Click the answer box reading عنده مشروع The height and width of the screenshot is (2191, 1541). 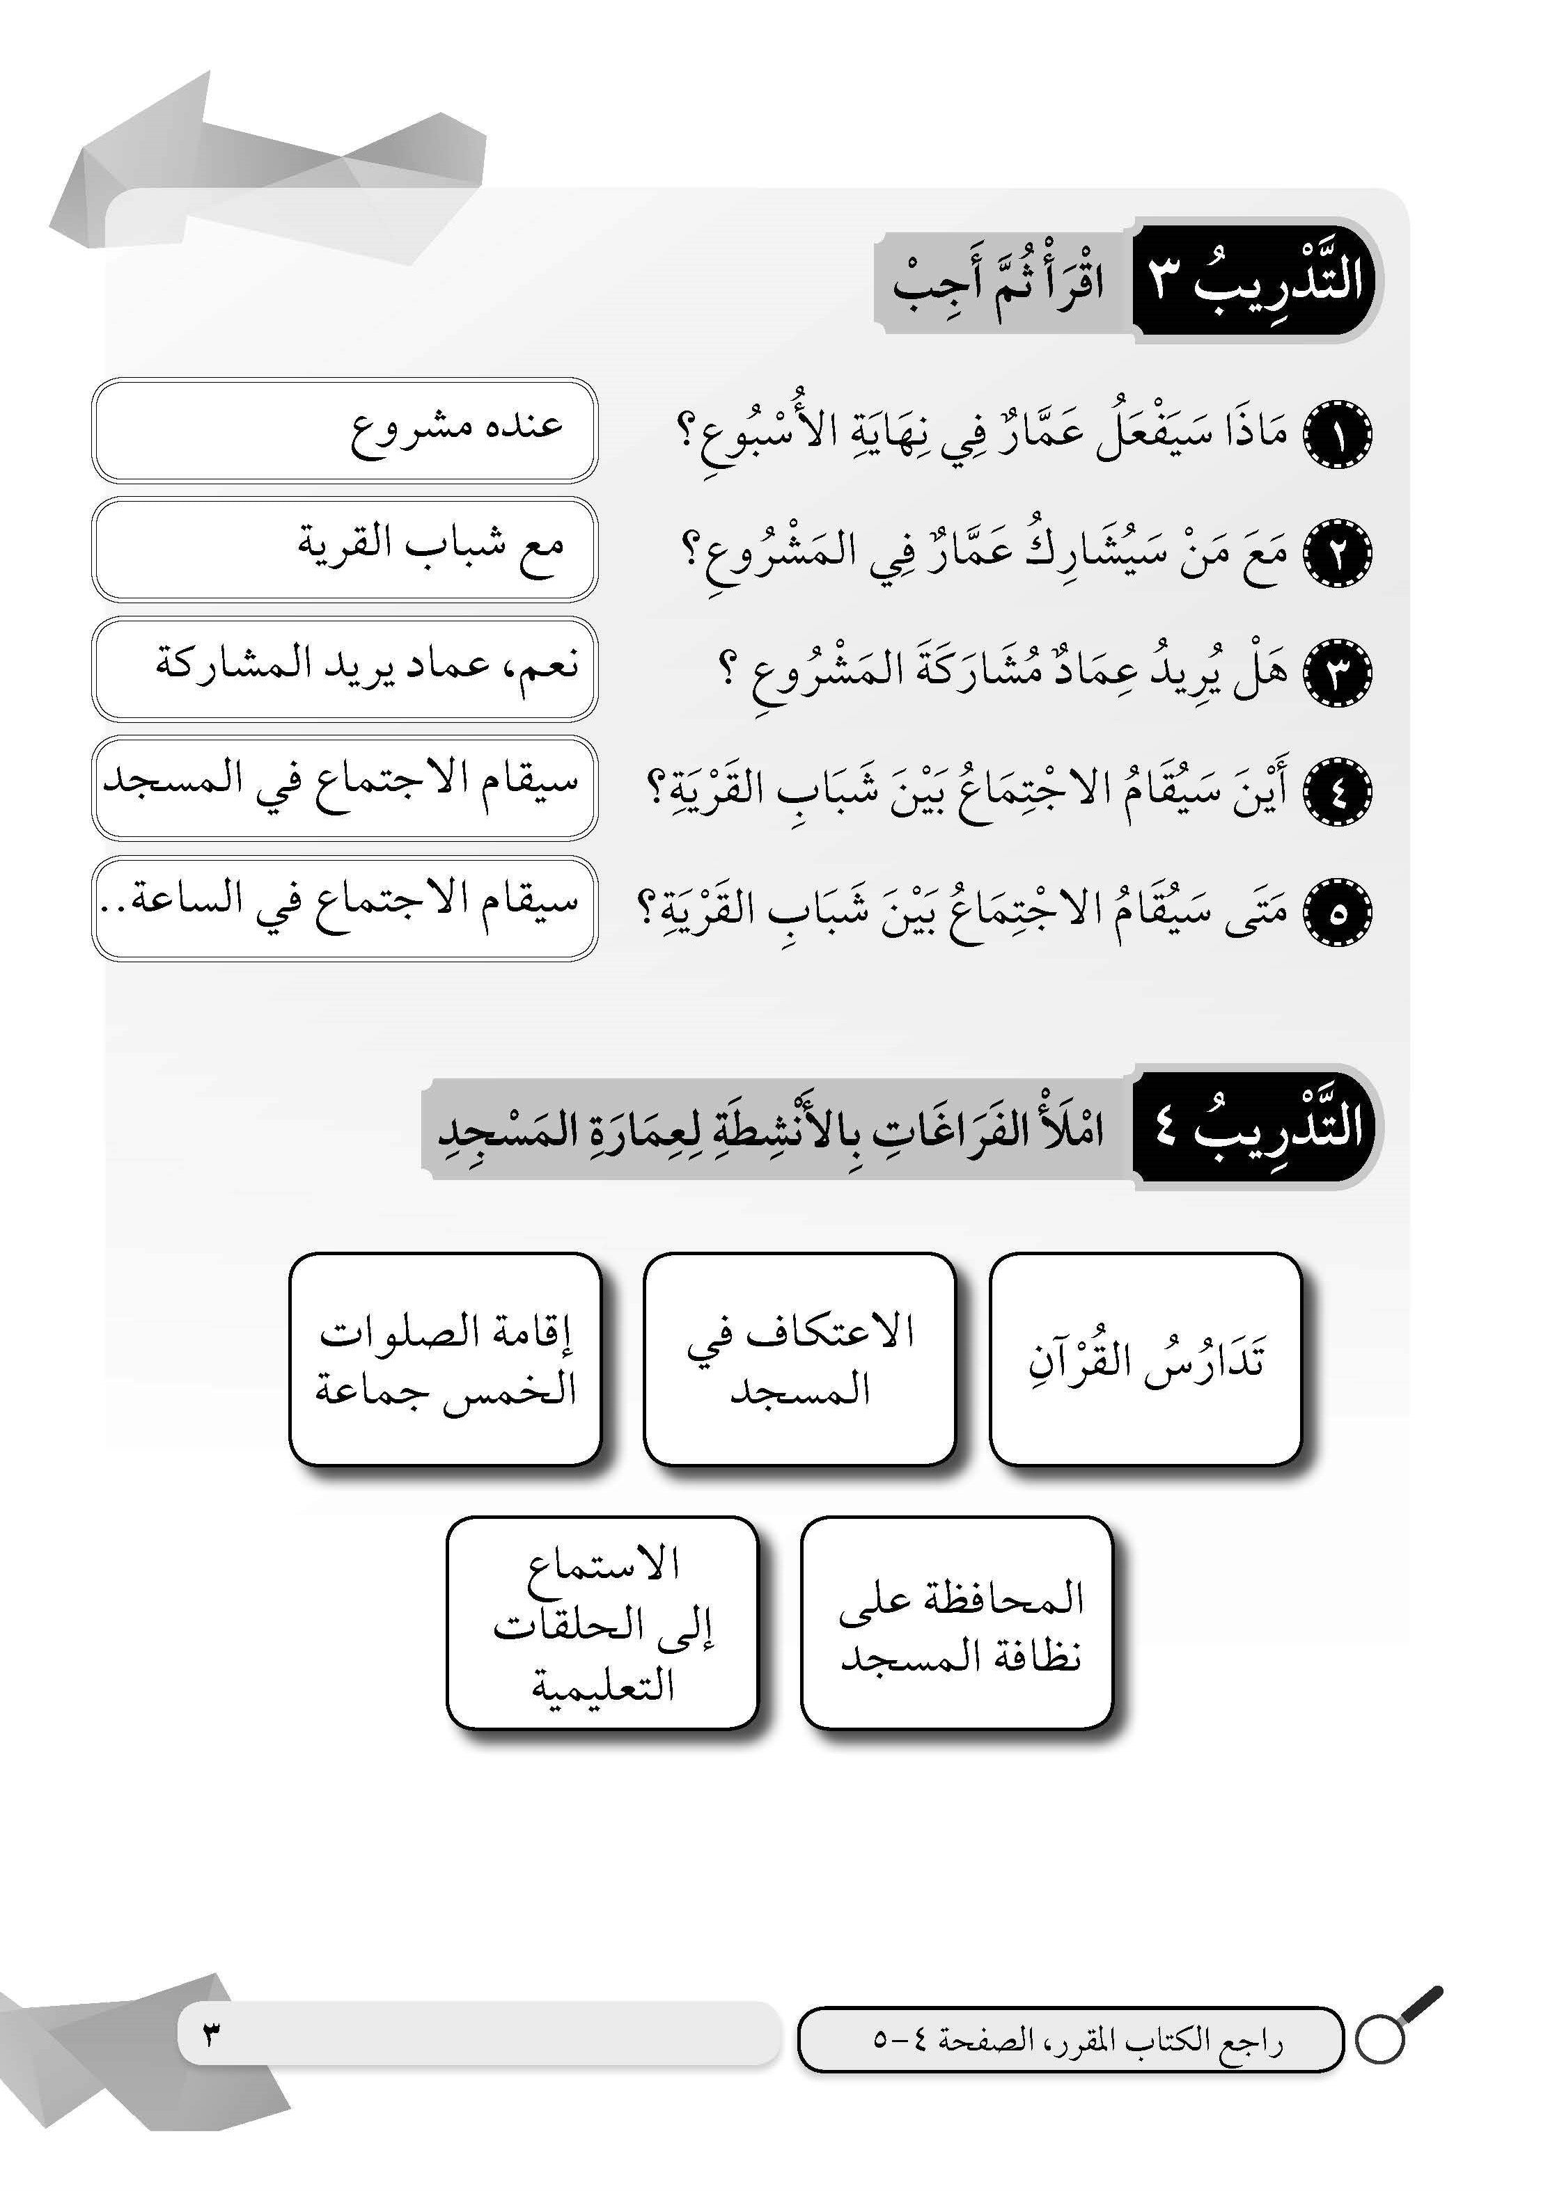(x=345, y=429)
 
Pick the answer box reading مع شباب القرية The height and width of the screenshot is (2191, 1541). (x=345, y=549)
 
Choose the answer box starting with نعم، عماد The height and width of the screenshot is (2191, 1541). (x=345, y=668)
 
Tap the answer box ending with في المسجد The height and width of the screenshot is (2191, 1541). (x=345, y=788)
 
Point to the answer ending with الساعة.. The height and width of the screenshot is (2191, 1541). (x=345, y=907)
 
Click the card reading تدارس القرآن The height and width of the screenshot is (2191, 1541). (x=1145, y=1359)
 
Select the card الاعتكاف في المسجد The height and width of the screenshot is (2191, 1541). (x=799, y=1359)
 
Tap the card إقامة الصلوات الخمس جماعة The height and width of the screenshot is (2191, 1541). (x=445, y=1359)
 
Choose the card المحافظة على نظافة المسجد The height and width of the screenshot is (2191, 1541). (x=957, y=1626)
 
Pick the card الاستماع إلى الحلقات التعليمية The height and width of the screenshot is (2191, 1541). (x=602, y=1626)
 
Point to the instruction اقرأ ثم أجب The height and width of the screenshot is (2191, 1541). (x=999, y=283)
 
